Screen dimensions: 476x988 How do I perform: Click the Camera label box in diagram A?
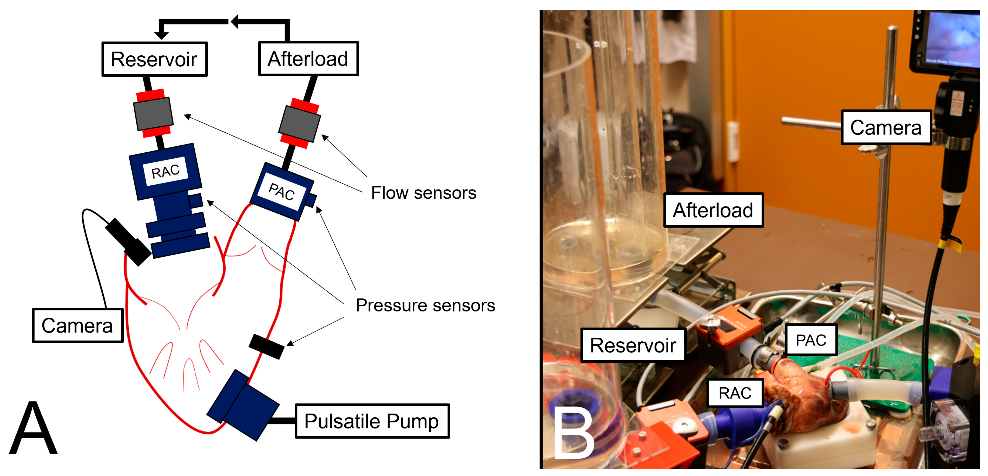point(77,325)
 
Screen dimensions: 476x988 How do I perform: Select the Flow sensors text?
point(423,193)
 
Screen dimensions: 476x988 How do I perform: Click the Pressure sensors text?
point(425,305)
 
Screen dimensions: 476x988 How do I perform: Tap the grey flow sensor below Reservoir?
point(153,114)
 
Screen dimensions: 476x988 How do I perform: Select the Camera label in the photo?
point(886,127)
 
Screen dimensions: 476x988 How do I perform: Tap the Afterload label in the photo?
point(713,210)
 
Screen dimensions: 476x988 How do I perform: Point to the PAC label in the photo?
point(811,340)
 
